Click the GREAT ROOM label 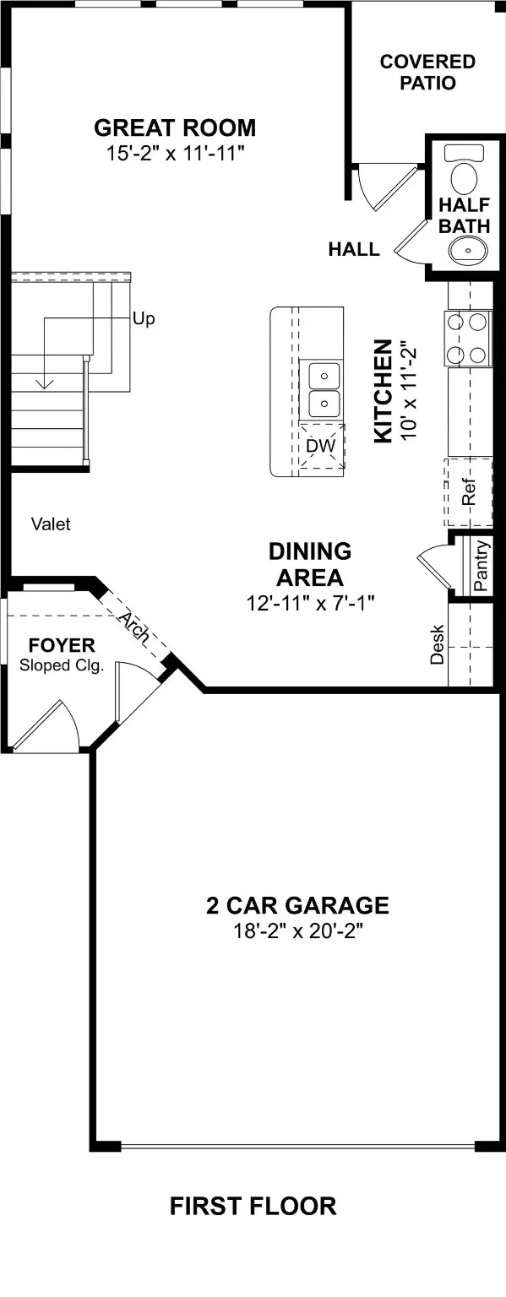pyautogui.click(x=175, y=128)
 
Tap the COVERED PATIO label pyautogui.click(x=427, y=73)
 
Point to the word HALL pyautogui.click(x=354, y=250)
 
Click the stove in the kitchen pyautogui.click(x=468, y=338)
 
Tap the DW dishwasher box pyautogui.click(x=322, y=446)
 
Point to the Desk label pyautogui.click(x=438, y=643)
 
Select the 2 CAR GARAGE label pyautogui.click(x=297, y=906)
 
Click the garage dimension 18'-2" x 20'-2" pyautogui.click(x=297, y=931)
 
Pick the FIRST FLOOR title pyautogui.click(x=253, y=1207)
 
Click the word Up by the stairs pyautogui.click(x=144, y=320)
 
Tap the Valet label pyautogui.click(x=51, y=524)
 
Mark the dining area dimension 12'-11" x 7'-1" pyautogui.click(x=310, y=603)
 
